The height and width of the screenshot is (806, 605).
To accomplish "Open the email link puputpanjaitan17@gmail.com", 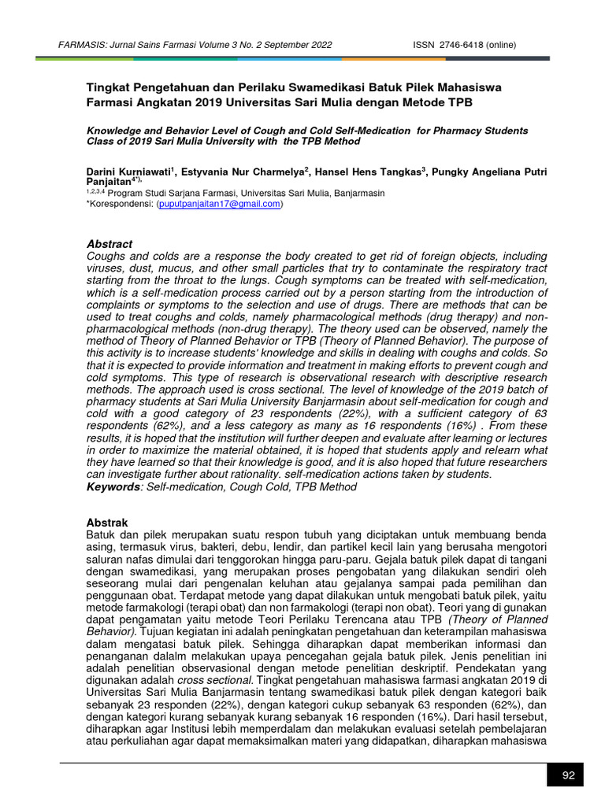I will [220, 204].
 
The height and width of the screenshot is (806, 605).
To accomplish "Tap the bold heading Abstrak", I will [106, 523].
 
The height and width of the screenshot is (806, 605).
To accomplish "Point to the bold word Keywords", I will [115, 487].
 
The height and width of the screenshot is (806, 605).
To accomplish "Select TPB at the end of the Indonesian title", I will [462, 102].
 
